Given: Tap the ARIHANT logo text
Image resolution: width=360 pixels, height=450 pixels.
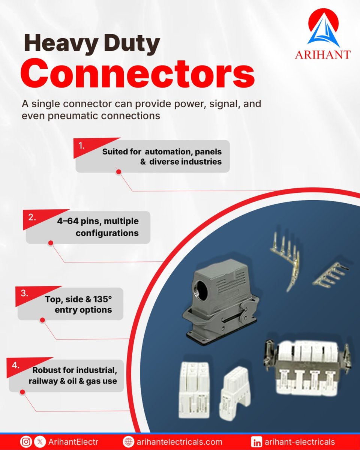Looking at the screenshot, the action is pos(322,54).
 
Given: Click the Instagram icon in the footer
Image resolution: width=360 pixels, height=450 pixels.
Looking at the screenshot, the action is pos(26,442).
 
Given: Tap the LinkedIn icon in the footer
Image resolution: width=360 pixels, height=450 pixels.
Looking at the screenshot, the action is pos(257,442).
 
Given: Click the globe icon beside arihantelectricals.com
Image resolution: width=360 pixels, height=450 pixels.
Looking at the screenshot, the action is pos(129,442).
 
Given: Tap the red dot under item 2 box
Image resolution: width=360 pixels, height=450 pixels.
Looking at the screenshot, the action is pos(51,243).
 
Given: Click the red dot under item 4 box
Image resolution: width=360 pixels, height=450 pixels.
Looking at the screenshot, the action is pos(22,392).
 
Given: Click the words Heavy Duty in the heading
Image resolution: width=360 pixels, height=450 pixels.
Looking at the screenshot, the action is pos(92,44).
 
